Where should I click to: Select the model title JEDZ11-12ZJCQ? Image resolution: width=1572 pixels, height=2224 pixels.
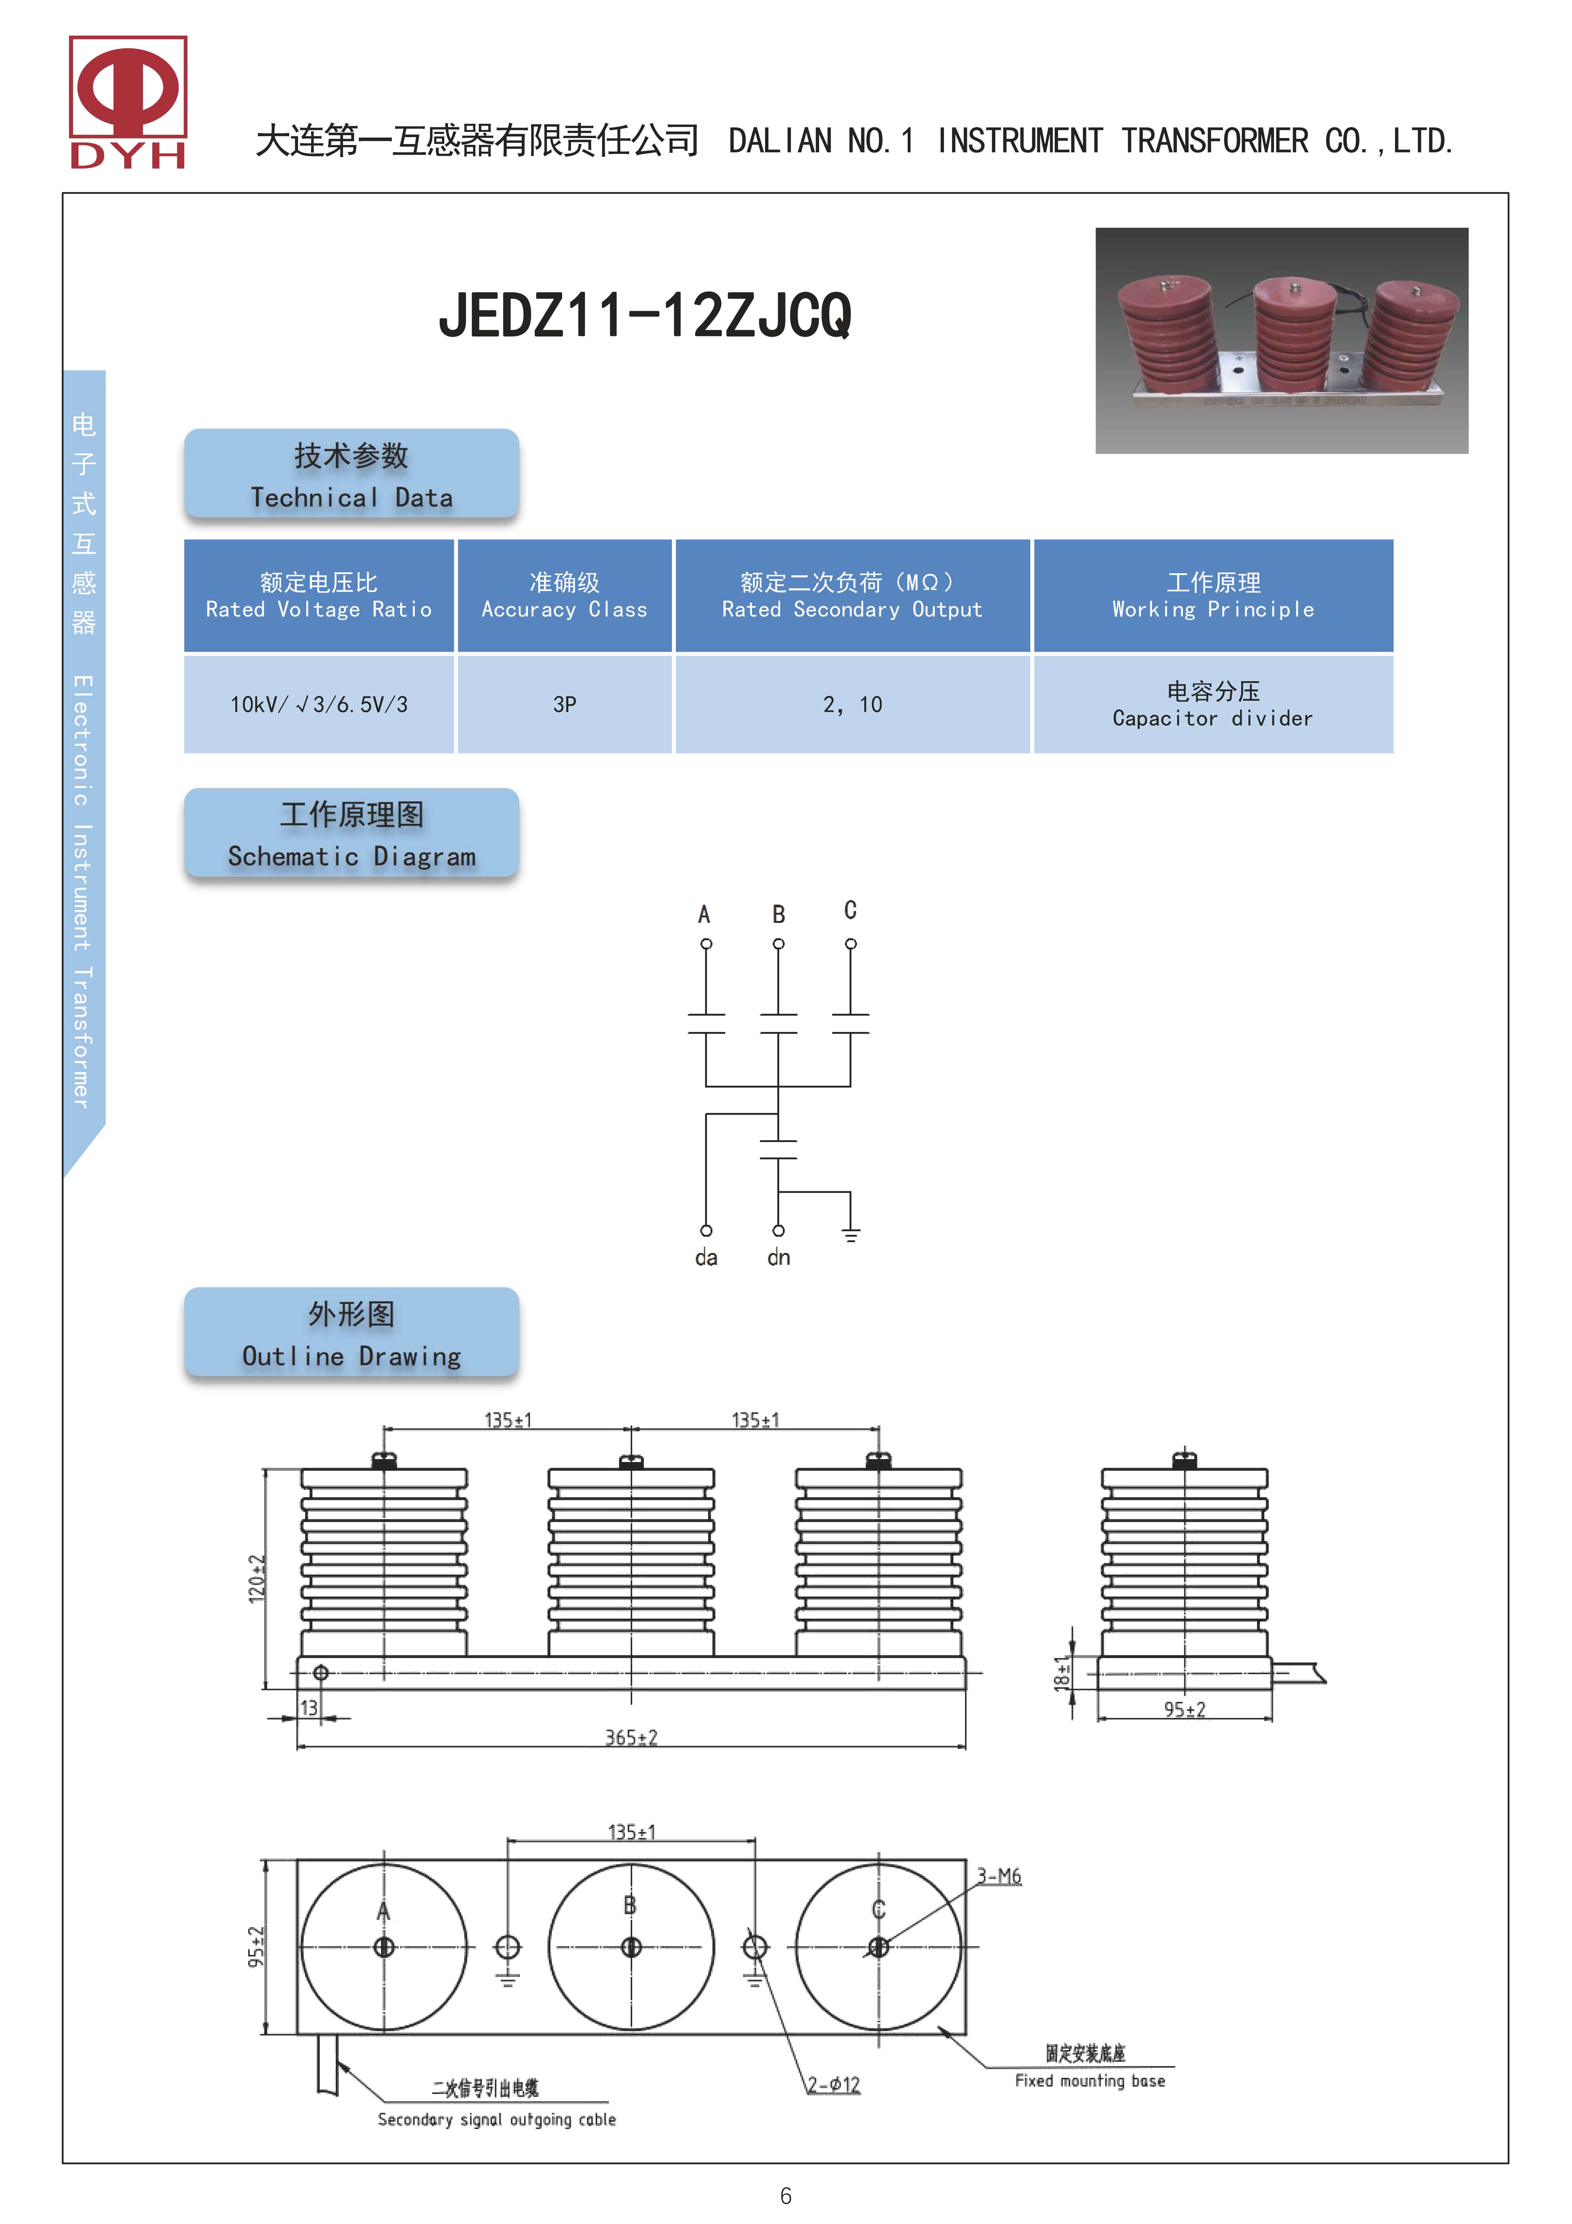tap(645, 315)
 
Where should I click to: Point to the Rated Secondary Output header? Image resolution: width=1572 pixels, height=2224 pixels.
tap(851, 596)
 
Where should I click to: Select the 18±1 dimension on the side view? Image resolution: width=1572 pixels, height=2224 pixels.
tap(1063, 1673)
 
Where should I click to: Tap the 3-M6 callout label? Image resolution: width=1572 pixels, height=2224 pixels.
tap(999, 1876)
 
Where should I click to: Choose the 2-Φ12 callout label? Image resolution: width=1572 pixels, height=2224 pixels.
tap(834, 2084)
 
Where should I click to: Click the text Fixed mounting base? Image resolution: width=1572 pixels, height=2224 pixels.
tap(1090, 2081)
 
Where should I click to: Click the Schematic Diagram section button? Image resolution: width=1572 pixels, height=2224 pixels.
tap(351, 833)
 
